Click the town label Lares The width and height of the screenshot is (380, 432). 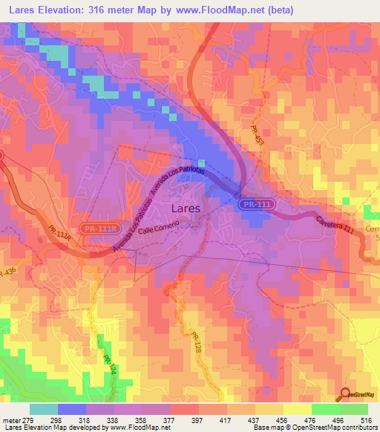pos(186,209)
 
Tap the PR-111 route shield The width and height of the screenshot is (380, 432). pos(251,203)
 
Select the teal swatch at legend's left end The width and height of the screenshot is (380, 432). pos(43,409)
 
